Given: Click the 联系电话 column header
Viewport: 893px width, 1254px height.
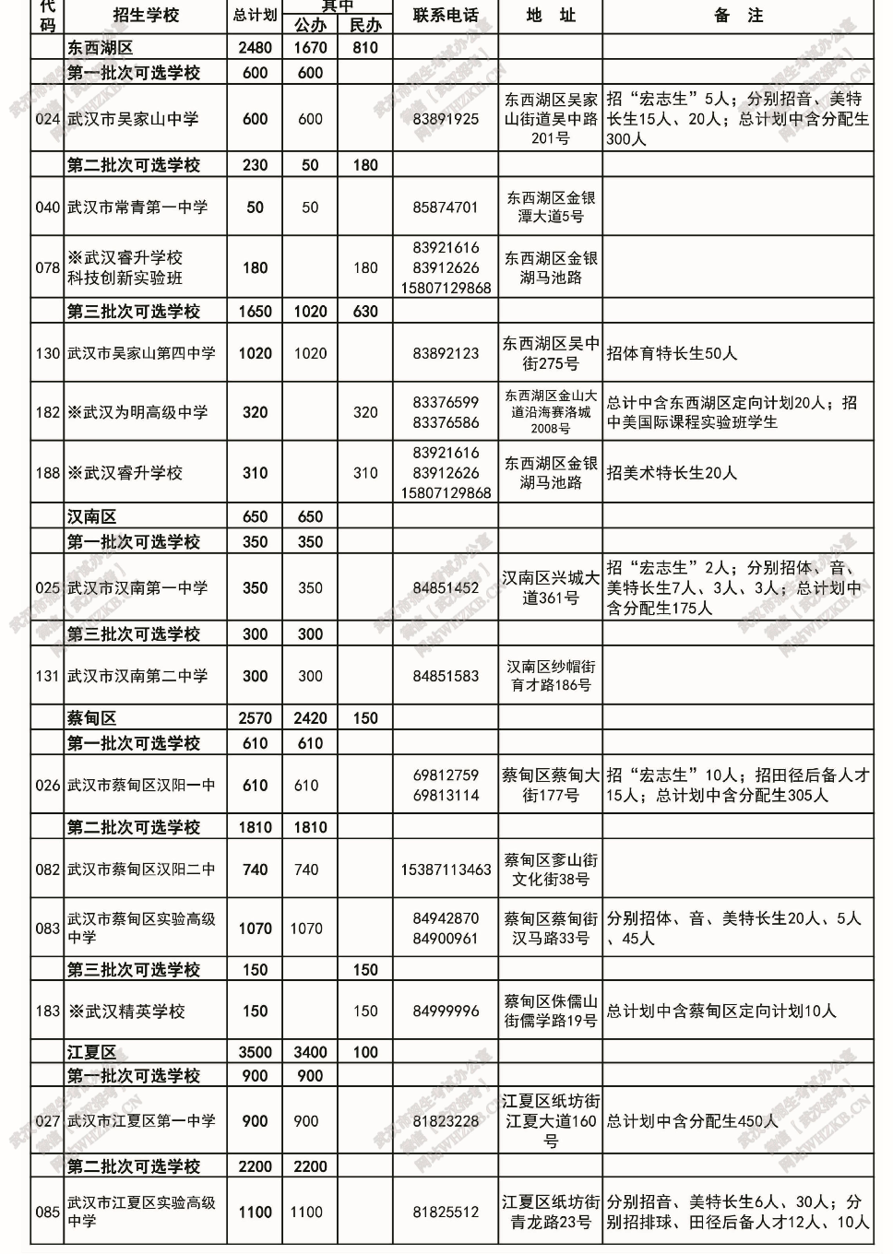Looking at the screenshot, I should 446,16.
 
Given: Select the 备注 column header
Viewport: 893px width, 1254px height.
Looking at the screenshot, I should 738,16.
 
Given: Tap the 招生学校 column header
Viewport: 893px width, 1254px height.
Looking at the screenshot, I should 146,16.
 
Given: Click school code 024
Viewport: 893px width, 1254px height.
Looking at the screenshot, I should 47,119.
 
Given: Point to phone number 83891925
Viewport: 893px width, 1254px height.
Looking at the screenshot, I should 446,119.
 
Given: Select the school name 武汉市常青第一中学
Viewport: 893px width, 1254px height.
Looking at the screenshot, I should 137,207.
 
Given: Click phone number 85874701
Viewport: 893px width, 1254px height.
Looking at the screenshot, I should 446,207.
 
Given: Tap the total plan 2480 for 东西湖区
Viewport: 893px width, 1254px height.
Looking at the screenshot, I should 255,48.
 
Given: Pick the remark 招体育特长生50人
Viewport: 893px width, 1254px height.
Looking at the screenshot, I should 672,353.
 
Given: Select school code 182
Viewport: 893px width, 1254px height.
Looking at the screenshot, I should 47,412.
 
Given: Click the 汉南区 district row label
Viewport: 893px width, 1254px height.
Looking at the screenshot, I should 91,517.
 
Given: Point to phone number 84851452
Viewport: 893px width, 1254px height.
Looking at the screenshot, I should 446,587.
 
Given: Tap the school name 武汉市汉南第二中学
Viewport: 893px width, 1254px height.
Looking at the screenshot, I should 137,676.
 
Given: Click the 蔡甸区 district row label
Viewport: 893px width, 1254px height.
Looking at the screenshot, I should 91,718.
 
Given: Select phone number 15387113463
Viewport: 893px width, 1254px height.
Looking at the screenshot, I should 446,870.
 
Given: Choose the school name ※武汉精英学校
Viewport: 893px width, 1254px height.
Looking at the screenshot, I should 126,1011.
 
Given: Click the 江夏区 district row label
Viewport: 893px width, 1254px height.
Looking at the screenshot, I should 91,1052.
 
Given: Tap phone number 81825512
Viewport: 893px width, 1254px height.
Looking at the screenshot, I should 446,1212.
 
